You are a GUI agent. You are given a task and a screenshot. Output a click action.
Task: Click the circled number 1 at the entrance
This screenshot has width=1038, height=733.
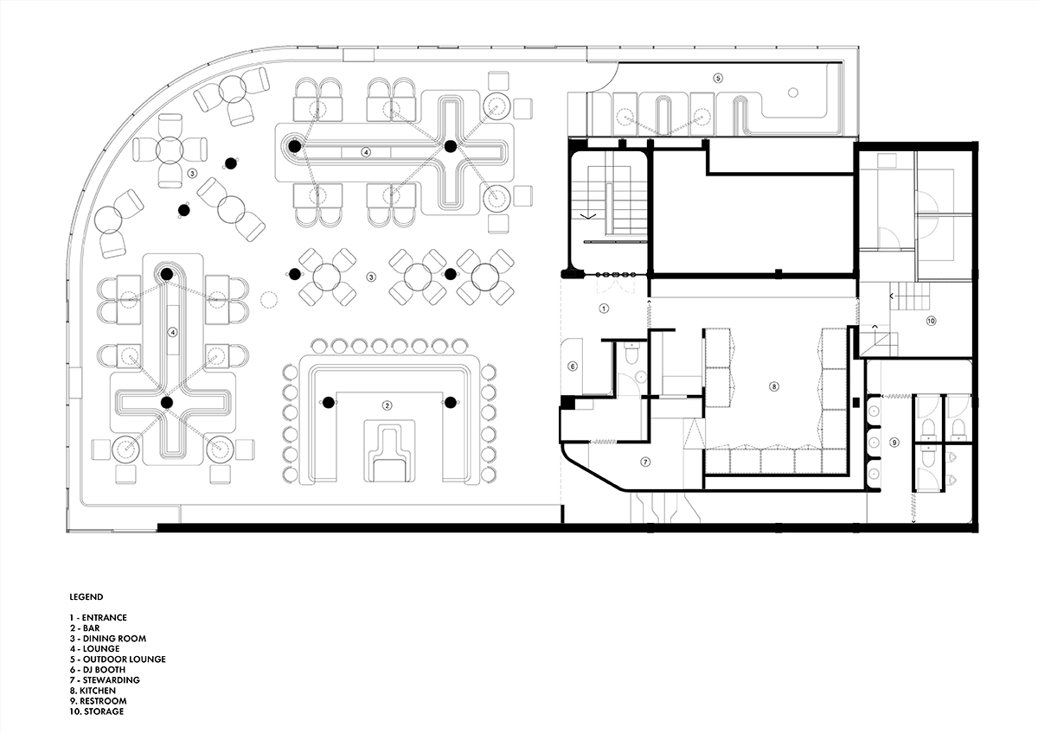pyautogui.click(x=604, y=309)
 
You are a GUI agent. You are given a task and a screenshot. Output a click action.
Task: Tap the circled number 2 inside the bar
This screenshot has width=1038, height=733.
pyautogui.click(x=387, y=405)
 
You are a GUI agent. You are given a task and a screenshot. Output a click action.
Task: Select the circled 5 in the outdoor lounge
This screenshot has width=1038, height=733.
pyautogui.click(x=718, y=79)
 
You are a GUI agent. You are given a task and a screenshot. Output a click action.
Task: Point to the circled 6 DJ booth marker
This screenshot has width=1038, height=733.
pyautogui.click(x=573, y=366)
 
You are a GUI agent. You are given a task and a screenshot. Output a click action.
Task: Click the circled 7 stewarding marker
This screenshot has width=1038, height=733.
pyautogui.click(x=644, y=462)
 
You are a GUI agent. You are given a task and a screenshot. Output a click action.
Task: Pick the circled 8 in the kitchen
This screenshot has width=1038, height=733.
pyautogui.click(x=773, y=386)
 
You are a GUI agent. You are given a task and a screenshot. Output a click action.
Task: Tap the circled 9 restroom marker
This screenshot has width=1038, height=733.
pyautogui.click(x=894, y=443)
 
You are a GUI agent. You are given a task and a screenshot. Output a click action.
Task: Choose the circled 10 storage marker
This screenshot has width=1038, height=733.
pyautogui.click(x=931, y=321)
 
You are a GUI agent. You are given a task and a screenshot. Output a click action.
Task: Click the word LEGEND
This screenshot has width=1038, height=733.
pyautogui.click(x=86, y=597)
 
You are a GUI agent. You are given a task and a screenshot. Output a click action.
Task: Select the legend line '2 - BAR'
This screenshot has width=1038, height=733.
pyautogui.click(x=85, y=628)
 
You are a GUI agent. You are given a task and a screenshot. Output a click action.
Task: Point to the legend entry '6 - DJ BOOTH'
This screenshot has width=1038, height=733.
pyautogui.click(x=98, y=670)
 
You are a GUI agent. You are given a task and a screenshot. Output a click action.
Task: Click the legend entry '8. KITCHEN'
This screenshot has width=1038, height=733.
pyautogui.click(x=93, y=691)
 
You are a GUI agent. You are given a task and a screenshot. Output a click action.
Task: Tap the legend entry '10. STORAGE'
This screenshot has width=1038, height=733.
pyautogui.click(x=97, y=711)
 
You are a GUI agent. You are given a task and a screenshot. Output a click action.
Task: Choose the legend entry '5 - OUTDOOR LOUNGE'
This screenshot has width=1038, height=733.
pyautogui.click(x=118, y=659)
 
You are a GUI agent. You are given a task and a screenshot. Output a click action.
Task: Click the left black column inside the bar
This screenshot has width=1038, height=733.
pyautogui.click(x=328, y=403)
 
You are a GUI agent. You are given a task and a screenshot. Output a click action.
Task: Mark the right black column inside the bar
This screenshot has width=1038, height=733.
pyautogui.click(x=451, y=403)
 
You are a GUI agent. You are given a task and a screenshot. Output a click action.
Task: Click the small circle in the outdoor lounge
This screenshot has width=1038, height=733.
pyautogui.click(x=793, y=92)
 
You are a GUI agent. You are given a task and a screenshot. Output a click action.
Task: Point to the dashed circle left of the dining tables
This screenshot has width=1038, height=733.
pyautogui.click(x=268, y=300)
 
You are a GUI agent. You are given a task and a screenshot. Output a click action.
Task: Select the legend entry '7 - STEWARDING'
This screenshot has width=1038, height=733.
pyautogui.click(x=105, y=679)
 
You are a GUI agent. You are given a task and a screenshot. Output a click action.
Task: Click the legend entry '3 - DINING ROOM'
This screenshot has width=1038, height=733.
pyautogui.click(x=108, y=639)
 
